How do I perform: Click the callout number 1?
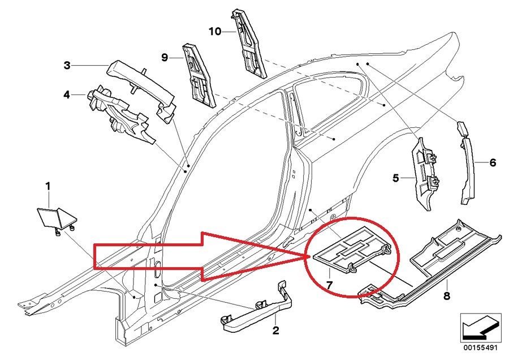point(48,186)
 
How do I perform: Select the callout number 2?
point(276,331)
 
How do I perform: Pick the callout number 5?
point(396,178)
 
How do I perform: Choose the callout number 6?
point(493,163)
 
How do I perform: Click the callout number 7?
point(329,281)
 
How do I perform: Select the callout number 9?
point(165,57)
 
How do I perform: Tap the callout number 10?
point(215,32)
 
